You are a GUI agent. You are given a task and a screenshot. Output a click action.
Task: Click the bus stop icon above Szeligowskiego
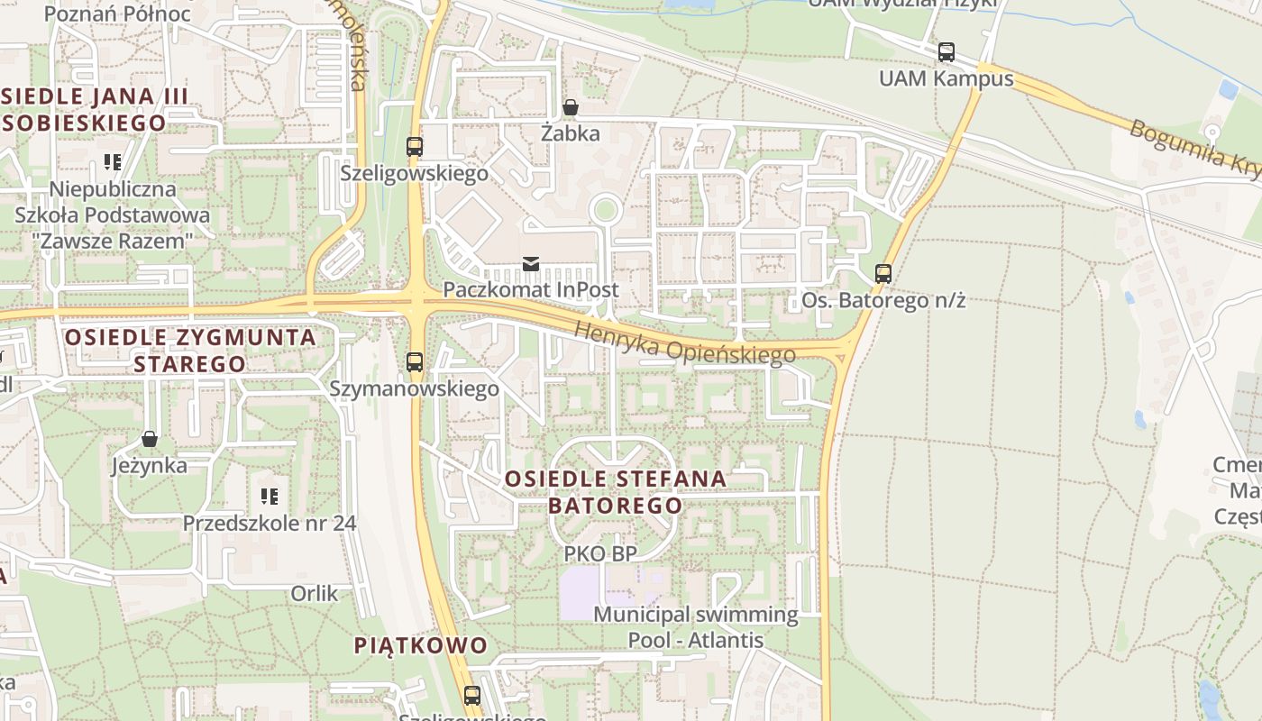(415, 146)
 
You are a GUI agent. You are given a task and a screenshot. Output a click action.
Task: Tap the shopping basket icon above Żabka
(570, 108)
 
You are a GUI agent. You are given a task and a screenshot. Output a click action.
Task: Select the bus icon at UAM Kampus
(946, 52)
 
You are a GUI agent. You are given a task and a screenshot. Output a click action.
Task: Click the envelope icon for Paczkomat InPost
(531, 264)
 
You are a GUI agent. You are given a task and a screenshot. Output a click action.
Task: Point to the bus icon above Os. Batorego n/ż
(883, 273)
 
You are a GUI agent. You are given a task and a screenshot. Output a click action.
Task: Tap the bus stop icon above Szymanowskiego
(415, 362)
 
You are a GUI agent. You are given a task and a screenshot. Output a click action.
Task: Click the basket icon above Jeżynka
(150, 439)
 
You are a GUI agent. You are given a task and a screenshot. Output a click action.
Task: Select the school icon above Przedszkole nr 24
(269, 496)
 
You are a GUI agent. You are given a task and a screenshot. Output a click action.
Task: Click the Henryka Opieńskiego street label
(685, 343)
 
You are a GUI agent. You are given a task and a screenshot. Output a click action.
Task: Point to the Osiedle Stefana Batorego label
(616, 491)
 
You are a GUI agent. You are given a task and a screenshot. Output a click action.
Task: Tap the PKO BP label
(600, 553)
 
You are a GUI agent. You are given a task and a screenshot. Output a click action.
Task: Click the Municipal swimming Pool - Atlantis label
(696, 627)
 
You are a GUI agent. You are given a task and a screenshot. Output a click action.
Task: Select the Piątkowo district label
(420, 645)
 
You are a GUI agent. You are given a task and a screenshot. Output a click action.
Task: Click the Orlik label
(315, 593)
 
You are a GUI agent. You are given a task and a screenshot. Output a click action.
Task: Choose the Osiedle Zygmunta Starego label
(190, 351)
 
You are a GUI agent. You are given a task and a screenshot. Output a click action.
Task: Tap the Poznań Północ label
(117, 14)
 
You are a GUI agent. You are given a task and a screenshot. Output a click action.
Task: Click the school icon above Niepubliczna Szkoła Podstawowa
(113, 162)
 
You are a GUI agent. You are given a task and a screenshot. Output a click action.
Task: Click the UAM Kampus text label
(946, 78)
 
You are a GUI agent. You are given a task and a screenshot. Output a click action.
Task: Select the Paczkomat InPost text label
(531, 289)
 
